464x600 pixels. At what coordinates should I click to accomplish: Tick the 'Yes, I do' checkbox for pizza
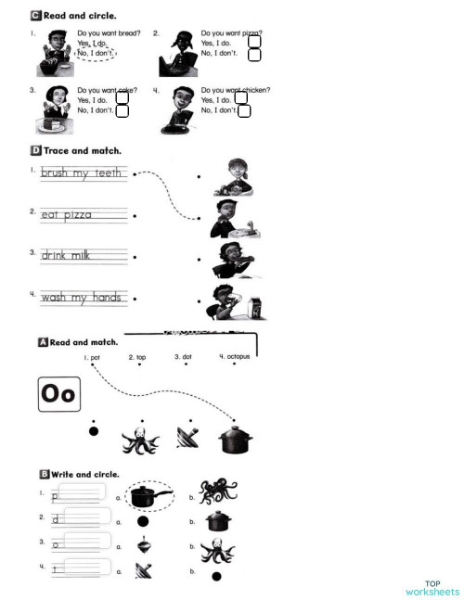click(254, 42)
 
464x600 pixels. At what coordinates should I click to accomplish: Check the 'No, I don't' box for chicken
click(244, 111)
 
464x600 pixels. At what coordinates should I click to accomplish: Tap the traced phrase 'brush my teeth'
click(83, 173)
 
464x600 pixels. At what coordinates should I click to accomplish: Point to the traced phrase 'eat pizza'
click(66, 214)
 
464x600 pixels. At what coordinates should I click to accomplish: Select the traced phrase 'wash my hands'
click(83, 298)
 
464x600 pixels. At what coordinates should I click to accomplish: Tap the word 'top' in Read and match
click(137, 356)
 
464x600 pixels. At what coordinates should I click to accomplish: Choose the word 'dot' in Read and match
click(183, 356)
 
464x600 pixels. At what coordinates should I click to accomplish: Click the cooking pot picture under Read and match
click(235, 439)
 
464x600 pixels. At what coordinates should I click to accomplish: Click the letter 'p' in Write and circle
click(57, 498)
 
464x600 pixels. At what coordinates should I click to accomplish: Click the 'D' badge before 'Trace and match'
click(35, 149)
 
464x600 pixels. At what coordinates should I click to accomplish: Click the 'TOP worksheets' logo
click(432, 588)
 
